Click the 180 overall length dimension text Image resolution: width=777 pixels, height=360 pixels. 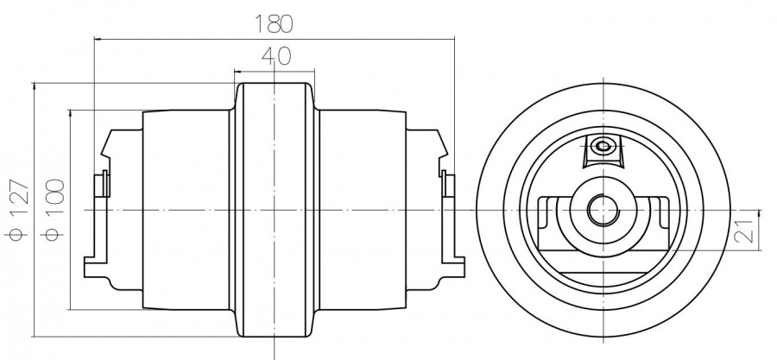click(275, 23)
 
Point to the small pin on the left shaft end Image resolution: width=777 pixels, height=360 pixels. click(101, 184)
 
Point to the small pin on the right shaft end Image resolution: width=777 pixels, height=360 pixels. click(448, 184)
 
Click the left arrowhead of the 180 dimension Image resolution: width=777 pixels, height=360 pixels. click(97, 38)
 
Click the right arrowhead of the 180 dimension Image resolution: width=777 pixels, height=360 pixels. click(452, 38)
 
